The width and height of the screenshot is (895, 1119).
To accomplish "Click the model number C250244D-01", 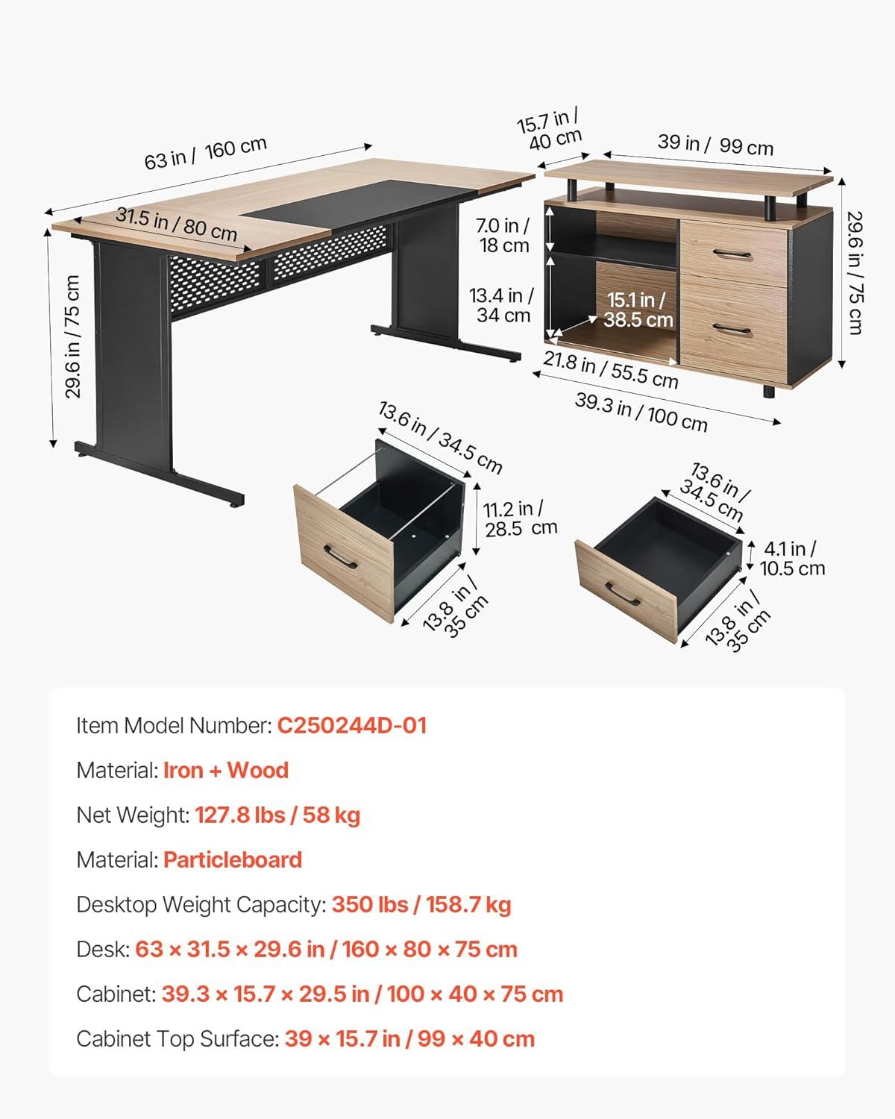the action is point(351,725).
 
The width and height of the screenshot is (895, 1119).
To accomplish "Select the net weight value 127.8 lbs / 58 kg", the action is point(277,815).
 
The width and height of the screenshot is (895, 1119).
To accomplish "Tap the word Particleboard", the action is point(233,859).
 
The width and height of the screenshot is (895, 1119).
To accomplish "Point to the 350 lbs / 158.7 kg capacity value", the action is point(421,905).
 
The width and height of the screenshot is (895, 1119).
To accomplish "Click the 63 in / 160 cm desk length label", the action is point(205,154).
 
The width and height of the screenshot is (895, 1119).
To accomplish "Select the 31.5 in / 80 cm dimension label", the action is point(176,224).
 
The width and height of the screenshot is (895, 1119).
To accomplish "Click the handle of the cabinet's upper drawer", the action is point(732,254).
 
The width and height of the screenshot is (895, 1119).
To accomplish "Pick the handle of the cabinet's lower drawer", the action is point(732,329).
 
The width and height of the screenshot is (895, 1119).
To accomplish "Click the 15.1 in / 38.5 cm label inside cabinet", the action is point(638,310).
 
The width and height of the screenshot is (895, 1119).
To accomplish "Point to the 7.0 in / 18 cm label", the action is point(503,235).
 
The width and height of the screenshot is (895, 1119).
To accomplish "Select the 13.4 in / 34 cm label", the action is point(501,305).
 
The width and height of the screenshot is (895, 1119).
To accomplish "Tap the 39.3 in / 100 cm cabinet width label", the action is point(641,413).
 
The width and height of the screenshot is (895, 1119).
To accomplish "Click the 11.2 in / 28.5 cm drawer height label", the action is point(520,518).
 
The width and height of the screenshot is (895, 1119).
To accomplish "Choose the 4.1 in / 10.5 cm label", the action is point(792,559).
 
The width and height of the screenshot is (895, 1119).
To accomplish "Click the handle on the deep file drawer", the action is point(340,557).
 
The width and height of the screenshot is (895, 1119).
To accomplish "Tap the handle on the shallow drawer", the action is point(623,595).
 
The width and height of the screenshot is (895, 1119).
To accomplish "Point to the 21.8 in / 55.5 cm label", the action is point(611,369).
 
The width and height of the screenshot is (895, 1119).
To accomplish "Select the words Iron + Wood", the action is point(226,770).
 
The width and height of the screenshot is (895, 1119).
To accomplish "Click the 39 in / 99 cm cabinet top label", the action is point(715,145).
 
